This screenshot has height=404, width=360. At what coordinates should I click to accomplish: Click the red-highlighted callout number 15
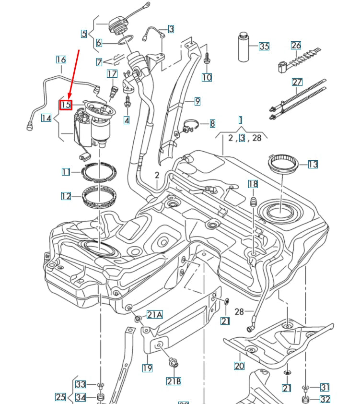click(66, 104)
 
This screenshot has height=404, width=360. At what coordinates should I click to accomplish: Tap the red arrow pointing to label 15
click(74, 72)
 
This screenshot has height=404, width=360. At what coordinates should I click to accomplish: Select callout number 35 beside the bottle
click(264, 46)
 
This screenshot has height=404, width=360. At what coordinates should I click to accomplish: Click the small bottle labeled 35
click(244, 47)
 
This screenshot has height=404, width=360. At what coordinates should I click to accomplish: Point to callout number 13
click(313, 165)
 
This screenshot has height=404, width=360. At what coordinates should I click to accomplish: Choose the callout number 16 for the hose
click(61, 60)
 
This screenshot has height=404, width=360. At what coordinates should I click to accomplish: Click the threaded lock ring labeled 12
click(100, 197)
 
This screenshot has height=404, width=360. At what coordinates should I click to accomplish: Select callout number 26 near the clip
click(296, 46)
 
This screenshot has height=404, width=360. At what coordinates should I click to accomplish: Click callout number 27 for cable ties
click(297, 82)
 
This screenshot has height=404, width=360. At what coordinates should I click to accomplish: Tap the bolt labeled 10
click(207, 58)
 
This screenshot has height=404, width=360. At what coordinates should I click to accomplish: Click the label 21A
click(154, 315)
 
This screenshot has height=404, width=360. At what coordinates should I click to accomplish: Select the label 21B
click(173, 381)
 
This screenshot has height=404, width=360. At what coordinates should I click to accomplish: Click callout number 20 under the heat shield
click(239, 366)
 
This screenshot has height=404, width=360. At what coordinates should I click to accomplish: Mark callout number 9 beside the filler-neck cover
click(197, 101)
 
